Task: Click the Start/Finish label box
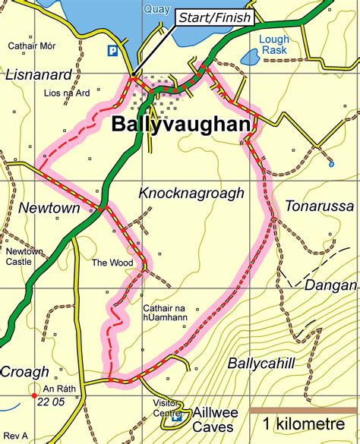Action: tap(214, 17)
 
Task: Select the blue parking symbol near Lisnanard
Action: tap(112, 52)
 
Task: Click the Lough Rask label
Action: tap(273, 45)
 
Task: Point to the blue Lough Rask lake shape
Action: tap(250, 57)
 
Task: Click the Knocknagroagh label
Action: tap(191, 194)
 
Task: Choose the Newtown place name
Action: tap(43, 207)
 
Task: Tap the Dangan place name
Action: tap(330, 285)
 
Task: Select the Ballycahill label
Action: tap(261, 364)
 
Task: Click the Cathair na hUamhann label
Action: tap(171, 313)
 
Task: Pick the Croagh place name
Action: tap(24, 372)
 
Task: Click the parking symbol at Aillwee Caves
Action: tap(177, 417)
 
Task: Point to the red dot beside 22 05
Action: tap(33, 395)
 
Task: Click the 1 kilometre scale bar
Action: tap(302, 411)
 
